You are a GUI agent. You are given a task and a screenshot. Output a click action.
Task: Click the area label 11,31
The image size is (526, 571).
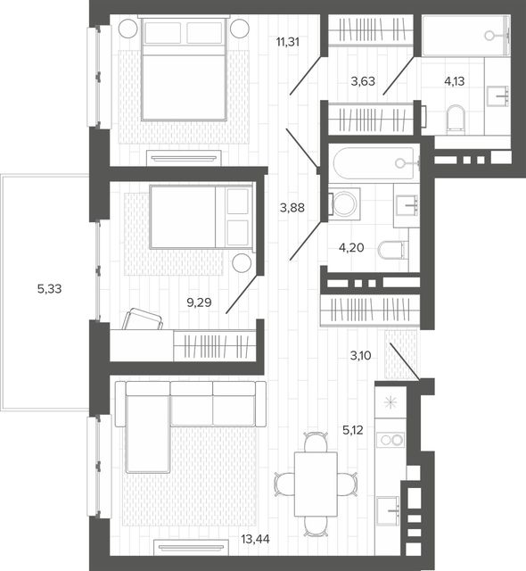click(x=288, y=42)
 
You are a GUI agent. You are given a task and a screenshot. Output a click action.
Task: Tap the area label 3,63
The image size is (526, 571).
click(x=363, y=81)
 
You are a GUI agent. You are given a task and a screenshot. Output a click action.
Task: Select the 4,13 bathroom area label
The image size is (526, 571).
click(x=455, y=81)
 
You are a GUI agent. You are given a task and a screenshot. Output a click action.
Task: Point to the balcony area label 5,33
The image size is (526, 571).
click(x=49, y=289)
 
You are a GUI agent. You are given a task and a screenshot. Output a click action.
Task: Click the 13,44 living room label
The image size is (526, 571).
click(x=255, y=539)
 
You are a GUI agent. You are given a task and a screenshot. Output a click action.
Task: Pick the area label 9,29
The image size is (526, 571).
click(x=199, y=302)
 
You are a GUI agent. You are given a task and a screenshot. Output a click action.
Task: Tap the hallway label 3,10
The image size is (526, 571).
click(x=360, y=355)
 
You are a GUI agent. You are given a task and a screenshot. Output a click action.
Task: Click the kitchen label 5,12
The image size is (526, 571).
click(x=353, y=430)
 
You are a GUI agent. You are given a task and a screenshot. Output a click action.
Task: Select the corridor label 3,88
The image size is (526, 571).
click(x=292, y=208)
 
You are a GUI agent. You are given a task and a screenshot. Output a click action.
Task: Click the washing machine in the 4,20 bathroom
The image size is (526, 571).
click(x=344, y=204)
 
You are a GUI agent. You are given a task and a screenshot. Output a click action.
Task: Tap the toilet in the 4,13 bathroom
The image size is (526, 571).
click(x=456, y=119)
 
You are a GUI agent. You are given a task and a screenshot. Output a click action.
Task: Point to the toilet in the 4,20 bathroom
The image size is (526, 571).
click(x=393, y=250)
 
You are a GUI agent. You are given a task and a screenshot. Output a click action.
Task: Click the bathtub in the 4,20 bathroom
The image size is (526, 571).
click(x=374, y=163)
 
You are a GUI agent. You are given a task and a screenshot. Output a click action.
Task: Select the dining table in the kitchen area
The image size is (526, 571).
click(x=316, y=484)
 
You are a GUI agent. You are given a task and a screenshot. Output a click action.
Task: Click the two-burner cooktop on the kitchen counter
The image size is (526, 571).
click(x=390, y=440)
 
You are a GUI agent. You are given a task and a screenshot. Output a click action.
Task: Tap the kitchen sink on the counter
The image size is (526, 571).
click(x=388, y=511)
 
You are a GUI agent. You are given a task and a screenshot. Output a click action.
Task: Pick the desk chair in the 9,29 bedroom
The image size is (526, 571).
click(x=143, y=319)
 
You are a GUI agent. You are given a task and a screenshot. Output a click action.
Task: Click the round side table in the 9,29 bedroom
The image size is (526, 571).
click(x=242, y=262)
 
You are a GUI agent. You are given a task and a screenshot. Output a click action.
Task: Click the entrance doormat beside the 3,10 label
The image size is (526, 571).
click(x=401, y=354)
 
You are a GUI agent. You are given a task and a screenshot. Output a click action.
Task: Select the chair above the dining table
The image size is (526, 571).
click(x=316, y=442)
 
